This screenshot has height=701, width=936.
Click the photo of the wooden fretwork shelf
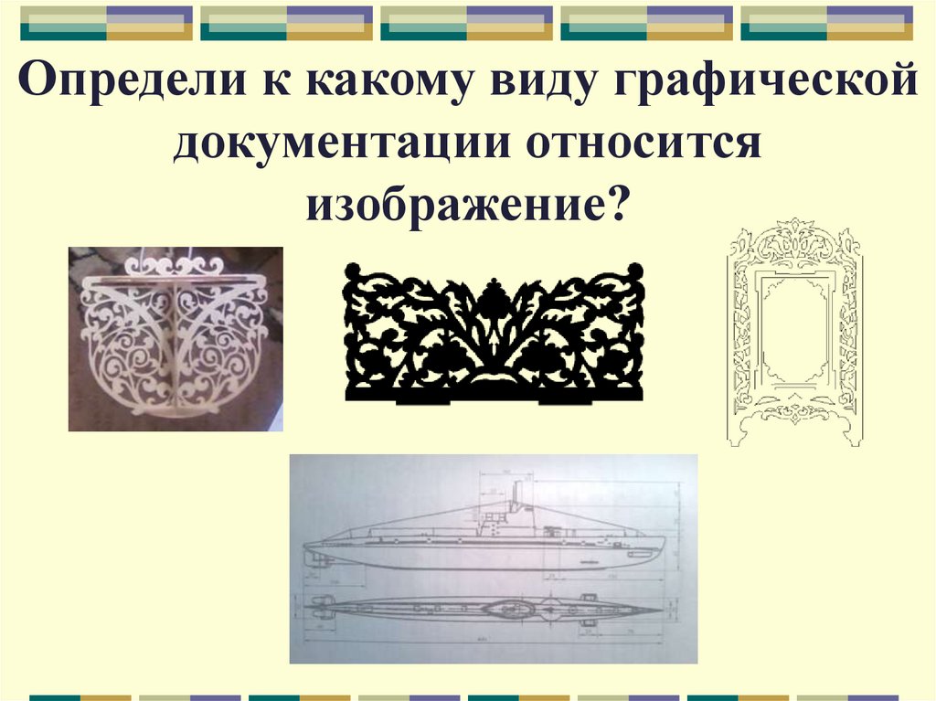coord(175,338)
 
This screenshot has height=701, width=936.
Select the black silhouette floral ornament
coord(494,333)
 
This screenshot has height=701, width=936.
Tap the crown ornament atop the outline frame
coord(793,236)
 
